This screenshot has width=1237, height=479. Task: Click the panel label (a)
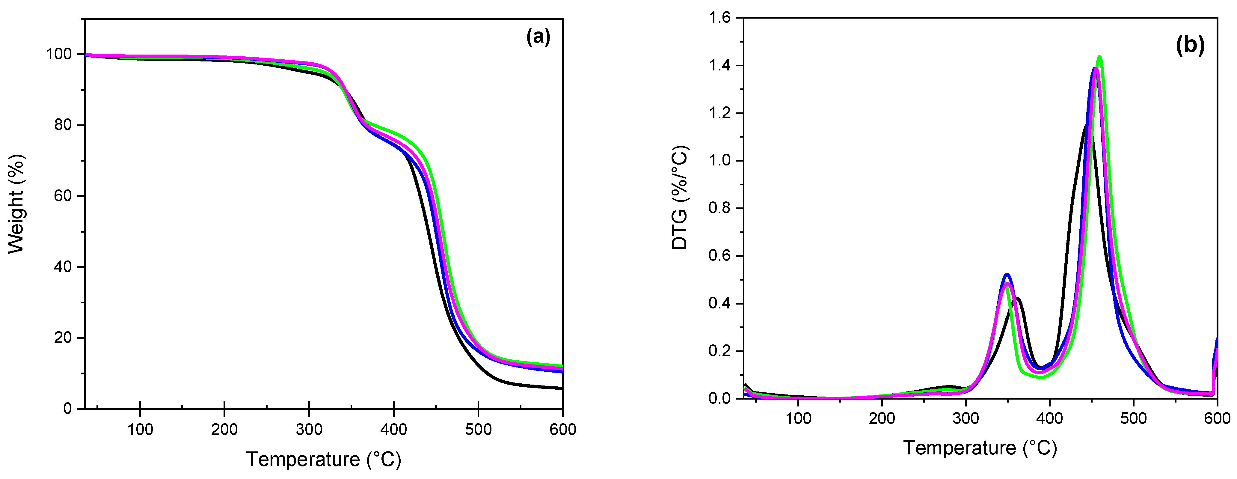[x=538, y=37]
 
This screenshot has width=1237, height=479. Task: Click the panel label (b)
[x=1190, y=45]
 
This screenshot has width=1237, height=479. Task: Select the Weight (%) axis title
[x=16, y=204]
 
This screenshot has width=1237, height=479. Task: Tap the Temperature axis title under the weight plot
[x=323, y=459]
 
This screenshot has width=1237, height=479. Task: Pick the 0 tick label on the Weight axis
[x=67, y=409]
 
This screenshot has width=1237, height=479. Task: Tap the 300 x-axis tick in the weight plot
[x=309, y=429]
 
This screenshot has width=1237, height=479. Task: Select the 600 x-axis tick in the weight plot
[x=562, y=429]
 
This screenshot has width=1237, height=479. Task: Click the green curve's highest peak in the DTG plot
[x=1099, y=57]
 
